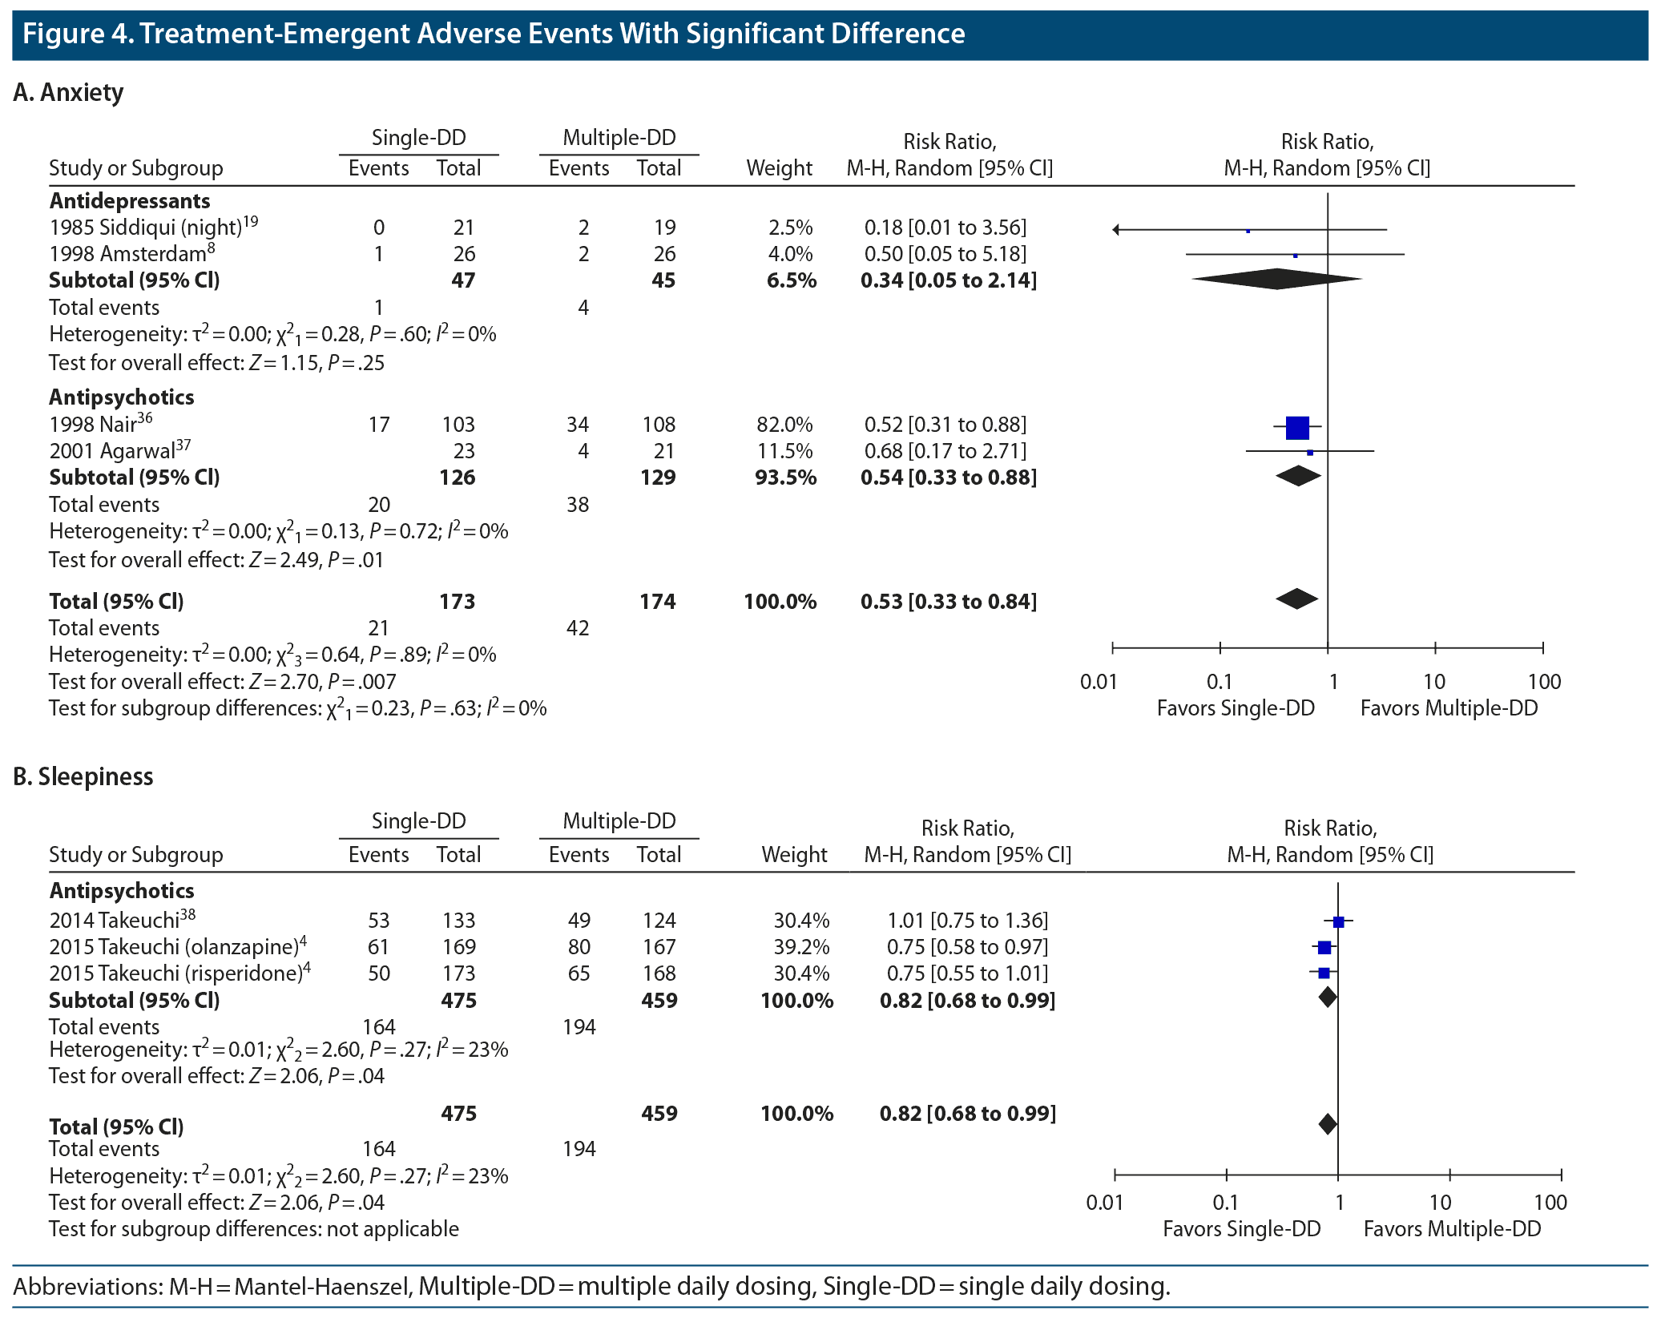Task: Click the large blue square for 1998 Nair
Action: [x=1297, y=428]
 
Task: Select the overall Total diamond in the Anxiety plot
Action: [x=1297, y=599]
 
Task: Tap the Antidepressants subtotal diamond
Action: [x=1276, y=279]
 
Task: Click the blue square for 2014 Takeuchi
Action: [x=1338, y=921]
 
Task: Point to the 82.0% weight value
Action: [x=784, y=425]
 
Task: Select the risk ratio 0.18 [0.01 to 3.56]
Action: [x=945, y=228]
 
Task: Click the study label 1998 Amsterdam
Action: [x=128, y=254]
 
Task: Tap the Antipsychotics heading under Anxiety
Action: [x=122, y=397]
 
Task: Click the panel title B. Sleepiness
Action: [x=83, y=776]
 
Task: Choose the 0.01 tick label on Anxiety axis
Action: [x=1098, y=682]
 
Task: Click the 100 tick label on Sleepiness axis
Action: [x=1550, y=1203]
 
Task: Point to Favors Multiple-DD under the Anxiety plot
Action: [x=1449, y=708]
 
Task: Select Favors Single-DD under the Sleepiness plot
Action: [x=1241, y=1229]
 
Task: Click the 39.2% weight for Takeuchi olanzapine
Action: [x=801, y=947]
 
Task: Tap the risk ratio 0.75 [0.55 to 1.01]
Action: [x=967, y=973]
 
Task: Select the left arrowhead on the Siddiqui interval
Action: [x=1116, y=231]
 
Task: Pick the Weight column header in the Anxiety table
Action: [x=779, y=168]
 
